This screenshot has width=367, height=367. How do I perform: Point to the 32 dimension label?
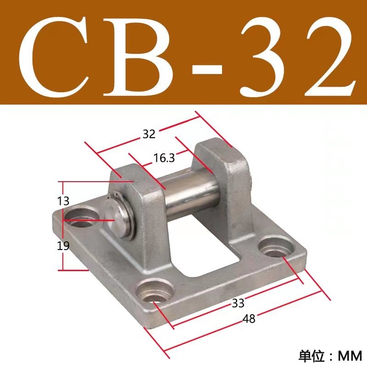pos(149,134)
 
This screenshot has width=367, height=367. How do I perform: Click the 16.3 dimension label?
pos(164,159)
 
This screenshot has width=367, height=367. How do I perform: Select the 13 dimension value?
pos(64,200)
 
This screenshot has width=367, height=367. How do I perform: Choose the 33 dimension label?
pos(238,302)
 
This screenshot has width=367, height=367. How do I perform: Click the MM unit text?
pos(350,355)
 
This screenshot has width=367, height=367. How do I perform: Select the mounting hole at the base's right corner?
pos(276,248)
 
